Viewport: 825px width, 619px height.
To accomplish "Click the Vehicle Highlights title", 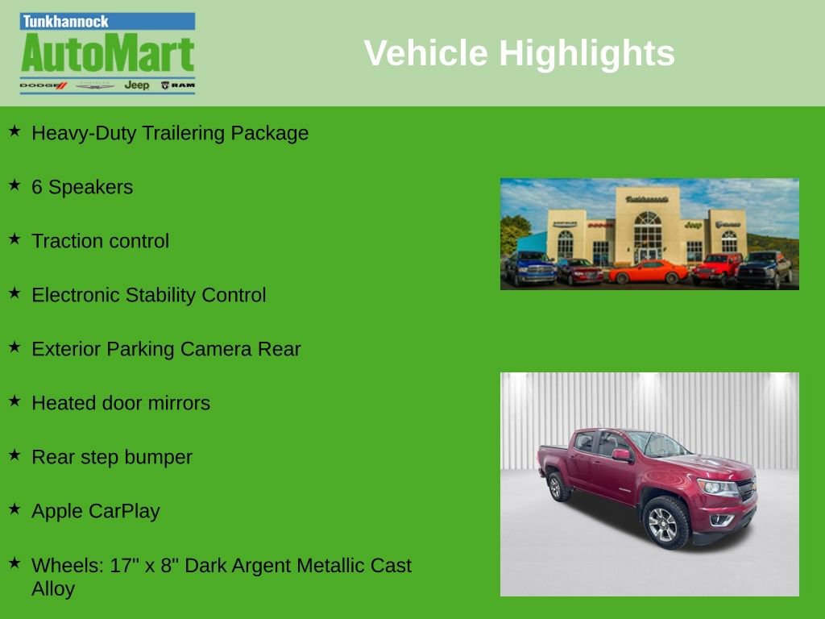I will click(519, 53).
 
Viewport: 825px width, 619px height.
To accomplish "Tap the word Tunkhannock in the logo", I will click(65, 22).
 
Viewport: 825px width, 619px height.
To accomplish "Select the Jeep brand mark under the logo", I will click(136, 85).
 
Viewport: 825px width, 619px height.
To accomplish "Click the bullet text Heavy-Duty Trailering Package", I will click(169, 133).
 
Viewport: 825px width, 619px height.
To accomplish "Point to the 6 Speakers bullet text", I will click(81, 187).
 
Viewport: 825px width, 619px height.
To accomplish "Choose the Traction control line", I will click(100, 241).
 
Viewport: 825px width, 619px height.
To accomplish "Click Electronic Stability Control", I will click(148, 295).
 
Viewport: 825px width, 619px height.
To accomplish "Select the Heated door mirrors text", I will click(120, 403).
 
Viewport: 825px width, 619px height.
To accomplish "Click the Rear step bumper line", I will click(111, 457).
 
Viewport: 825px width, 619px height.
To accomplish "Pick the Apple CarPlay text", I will click(95, 511).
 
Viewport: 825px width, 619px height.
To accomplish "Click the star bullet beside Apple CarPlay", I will click(15, 509).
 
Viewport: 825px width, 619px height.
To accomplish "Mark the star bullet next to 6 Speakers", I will click(15, 185).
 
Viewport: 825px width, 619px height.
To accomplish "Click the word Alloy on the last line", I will click(53, 588).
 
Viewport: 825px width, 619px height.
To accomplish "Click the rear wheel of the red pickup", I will click(555, 486).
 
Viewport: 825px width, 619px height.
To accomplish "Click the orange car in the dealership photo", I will click(649, 272).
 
